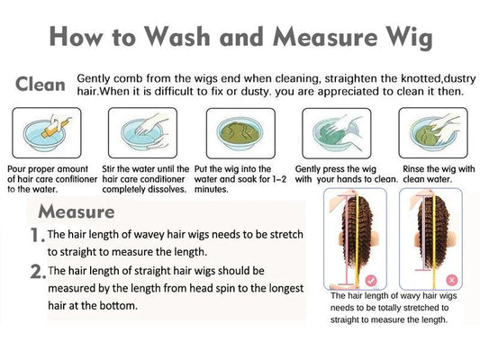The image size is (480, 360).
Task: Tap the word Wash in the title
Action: [177, 36]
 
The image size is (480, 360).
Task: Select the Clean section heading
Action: [41, 85]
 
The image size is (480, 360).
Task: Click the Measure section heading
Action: [77, 211]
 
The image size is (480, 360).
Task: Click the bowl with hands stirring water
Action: [142, 133]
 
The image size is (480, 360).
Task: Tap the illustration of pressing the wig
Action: [337, 133]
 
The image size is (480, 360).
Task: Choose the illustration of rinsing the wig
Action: [433, 133]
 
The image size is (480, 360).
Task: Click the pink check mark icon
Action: [371, 280]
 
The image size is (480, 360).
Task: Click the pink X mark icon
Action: [452, 280]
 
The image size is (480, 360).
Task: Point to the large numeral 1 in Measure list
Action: [36, 236]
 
